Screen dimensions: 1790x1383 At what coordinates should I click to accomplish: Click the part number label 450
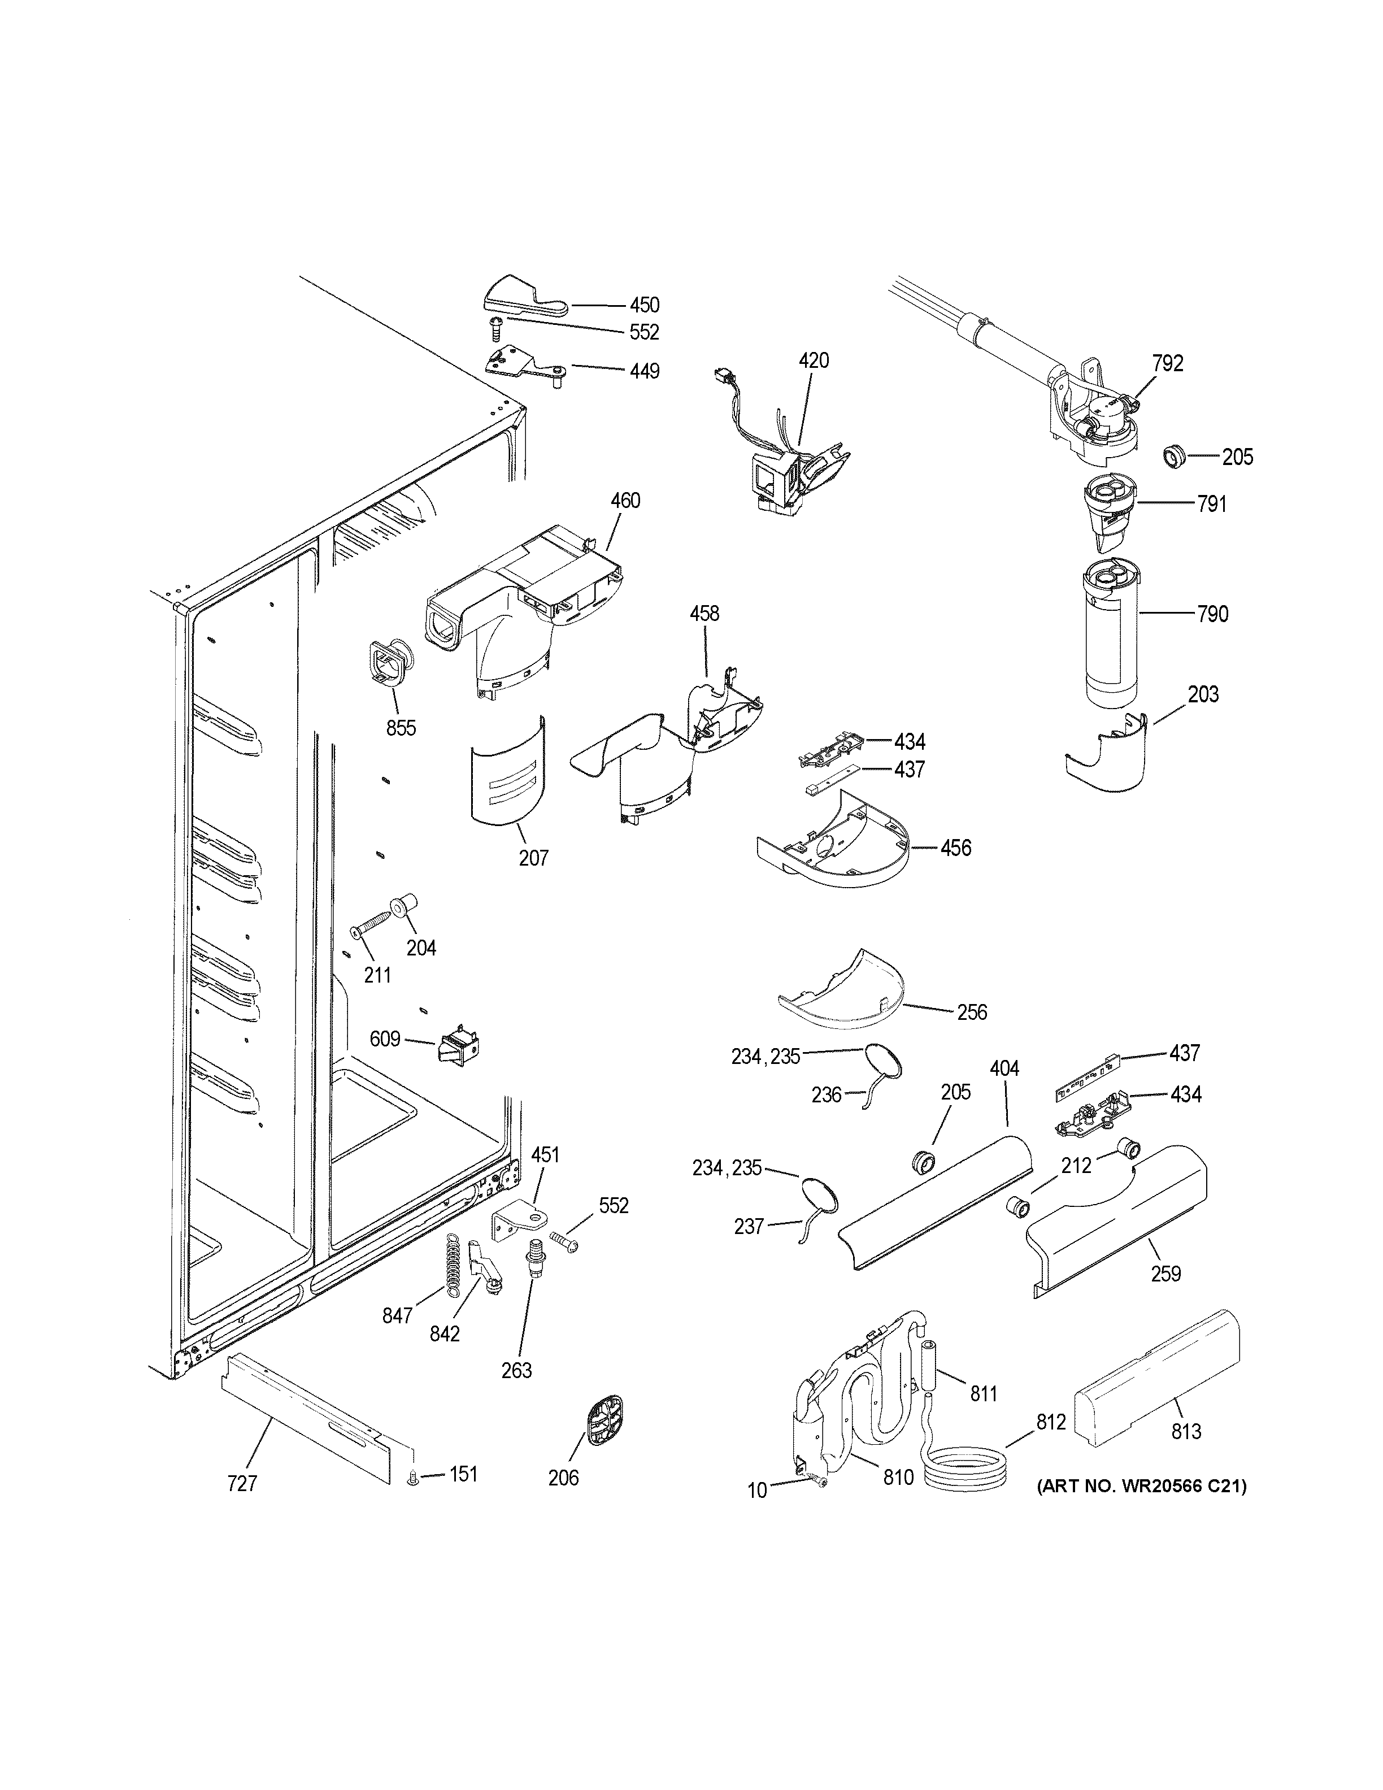click(x=644, y=305)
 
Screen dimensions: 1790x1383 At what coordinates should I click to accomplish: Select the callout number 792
click(x=1168, y=363)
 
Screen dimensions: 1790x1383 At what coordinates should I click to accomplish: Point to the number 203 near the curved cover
click(x=1203, y=694)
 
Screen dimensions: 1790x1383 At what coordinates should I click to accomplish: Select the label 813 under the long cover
click(x=1185, y=1431)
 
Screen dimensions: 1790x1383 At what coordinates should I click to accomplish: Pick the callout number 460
click(x=625, y=500)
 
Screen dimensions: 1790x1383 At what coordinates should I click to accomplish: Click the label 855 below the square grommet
click(x=401, y=727)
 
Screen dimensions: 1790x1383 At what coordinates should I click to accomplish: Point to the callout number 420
click(x=814, y=360)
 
